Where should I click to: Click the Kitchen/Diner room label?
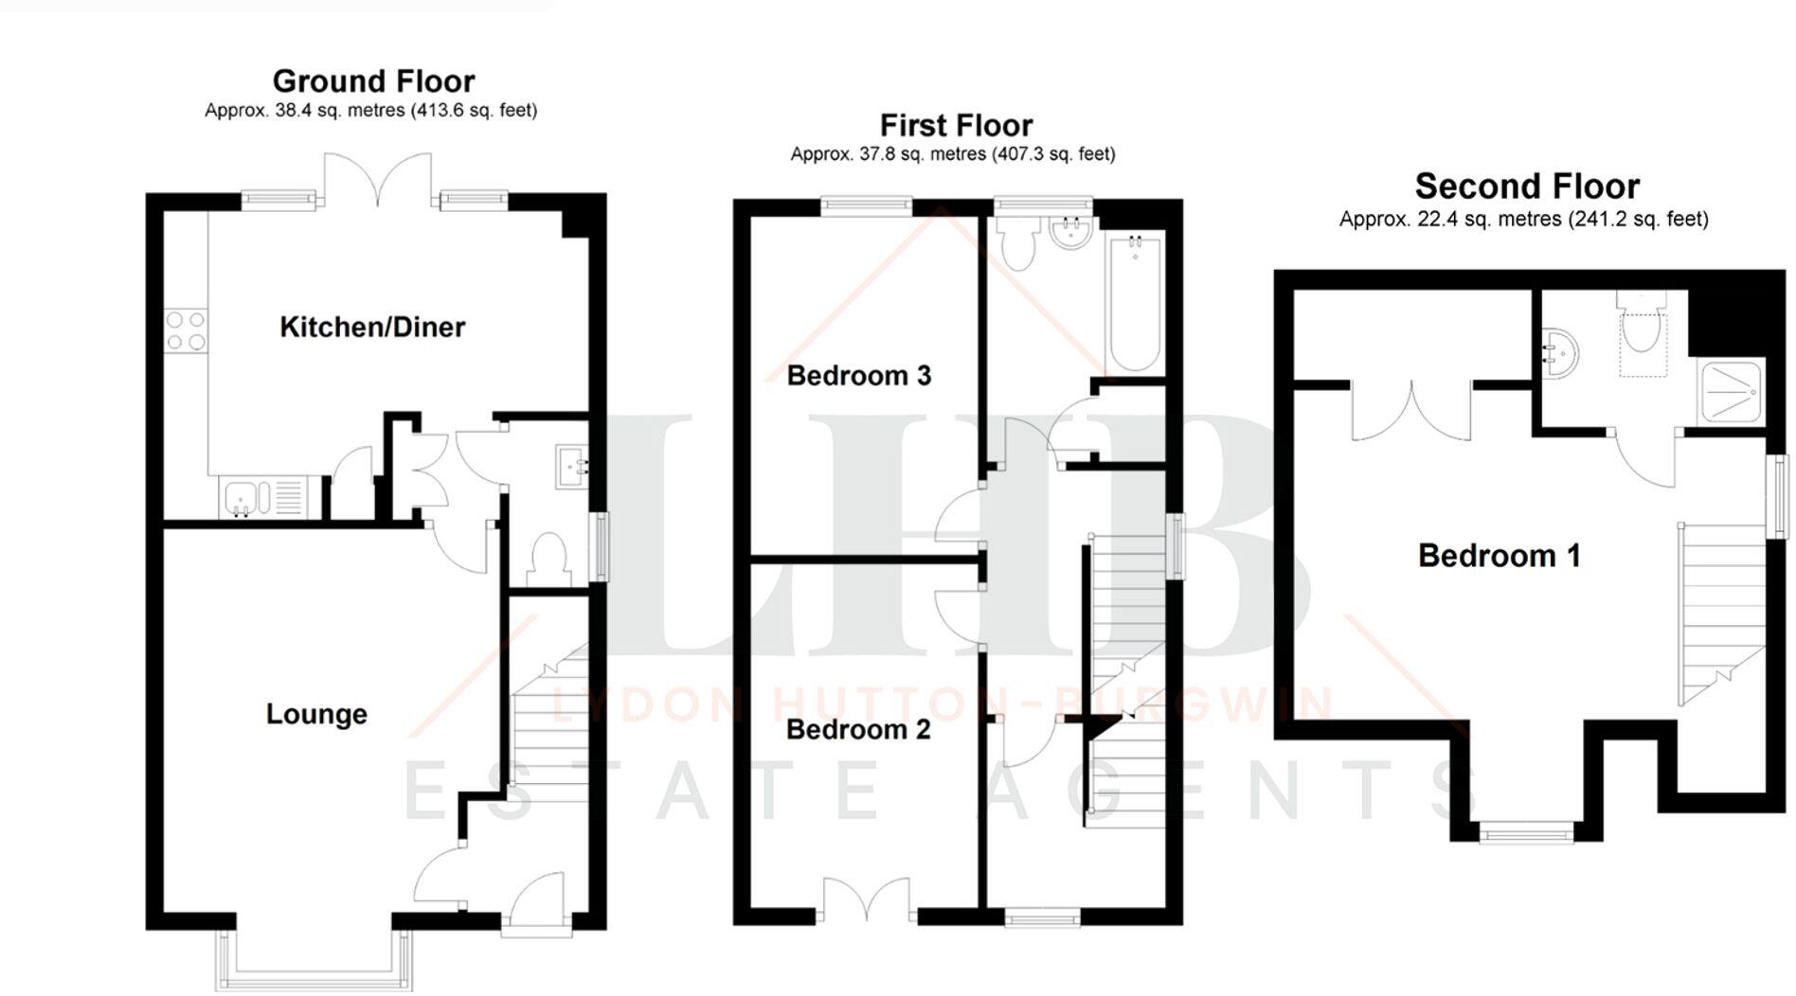(x=372, y=328)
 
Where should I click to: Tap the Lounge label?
(x=316, y=714)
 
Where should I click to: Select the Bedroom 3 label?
(x=858, y=376)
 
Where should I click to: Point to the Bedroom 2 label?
(x=857, y=730)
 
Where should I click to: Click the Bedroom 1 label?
(x=1499, y=556)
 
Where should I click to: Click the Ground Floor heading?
(x=373, y=81)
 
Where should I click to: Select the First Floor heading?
(x=956, y=125)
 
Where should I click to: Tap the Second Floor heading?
(x=1527, y=187)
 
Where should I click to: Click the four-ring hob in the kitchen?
(x=186, y=330)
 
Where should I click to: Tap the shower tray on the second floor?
(x=1731, y=391)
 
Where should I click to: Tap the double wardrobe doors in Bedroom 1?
(x=1410, y=409)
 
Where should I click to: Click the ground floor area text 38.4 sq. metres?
(x=370, y=111)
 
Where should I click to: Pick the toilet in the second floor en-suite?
(x=1642, y=327)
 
